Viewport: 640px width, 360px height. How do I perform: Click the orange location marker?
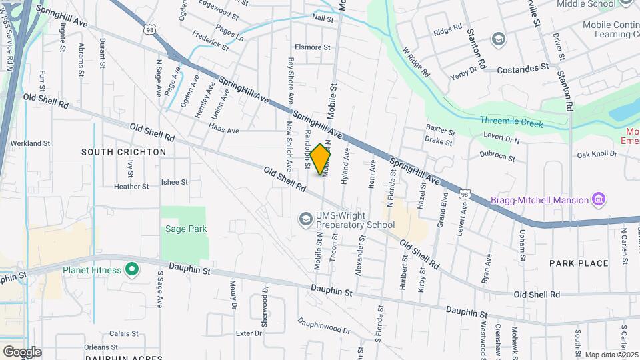coord(320,159)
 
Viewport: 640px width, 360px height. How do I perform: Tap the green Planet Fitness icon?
coord(132,270)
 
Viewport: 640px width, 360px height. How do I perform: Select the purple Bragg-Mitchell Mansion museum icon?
coord(599,200)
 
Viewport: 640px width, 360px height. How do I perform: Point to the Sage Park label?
coord(186,229)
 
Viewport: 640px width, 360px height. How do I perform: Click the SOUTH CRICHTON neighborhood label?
coord(123,152)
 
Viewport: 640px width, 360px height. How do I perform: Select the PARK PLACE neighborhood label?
coord(579,263)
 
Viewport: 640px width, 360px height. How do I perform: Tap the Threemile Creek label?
coord(511,123)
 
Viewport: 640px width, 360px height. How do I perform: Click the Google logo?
coord(22,351)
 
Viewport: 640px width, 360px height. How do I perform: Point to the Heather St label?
coord(131,187)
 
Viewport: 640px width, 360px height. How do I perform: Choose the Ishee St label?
coord(175,182)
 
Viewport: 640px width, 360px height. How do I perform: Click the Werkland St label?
coord(31,143)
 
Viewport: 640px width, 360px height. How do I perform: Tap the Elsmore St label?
coord(313,47)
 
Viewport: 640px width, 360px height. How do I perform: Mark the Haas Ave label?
coord(223,131)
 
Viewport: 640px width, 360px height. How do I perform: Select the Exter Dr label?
coord(249,333)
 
